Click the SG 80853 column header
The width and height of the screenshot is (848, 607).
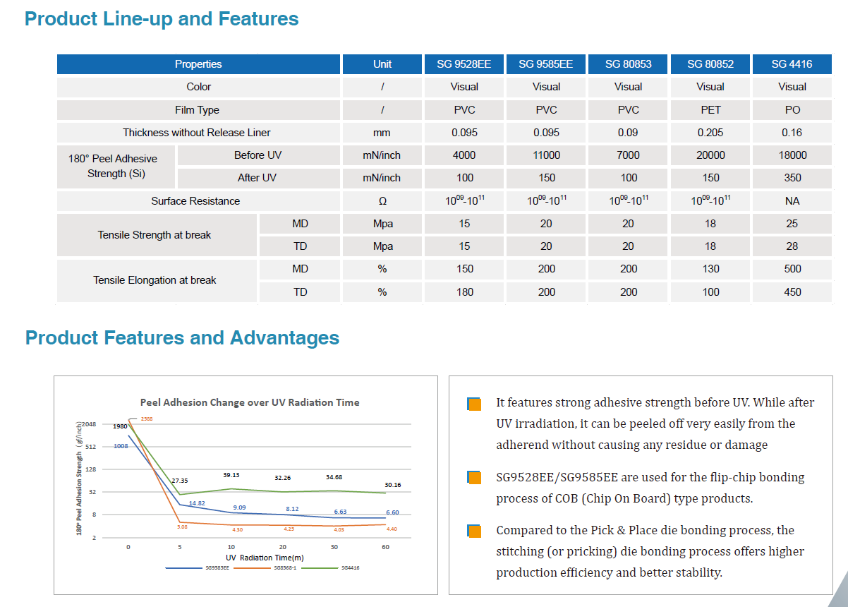click(628, 64)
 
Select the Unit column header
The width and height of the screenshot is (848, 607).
click(382, 64)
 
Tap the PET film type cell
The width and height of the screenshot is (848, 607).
click(710, 110)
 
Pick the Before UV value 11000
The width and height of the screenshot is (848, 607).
click(546, 155)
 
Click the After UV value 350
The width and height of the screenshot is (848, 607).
click(792, 178)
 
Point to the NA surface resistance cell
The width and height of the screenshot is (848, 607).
click(792, 200)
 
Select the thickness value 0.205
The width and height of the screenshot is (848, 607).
click(710, 133)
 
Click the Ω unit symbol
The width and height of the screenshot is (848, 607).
click(382, 201)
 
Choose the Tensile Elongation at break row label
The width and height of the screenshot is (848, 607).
click(155, 280)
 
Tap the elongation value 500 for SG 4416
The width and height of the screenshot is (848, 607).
click(792, 269)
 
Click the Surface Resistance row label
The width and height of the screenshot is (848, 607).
click(195, 201)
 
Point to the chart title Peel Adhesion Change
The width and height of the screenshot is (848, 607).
click(250, 402)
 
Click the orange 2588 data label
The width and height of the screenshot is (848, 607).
click(147, 419)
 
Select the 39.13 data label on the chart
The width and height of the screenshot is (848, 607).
click(231, 475)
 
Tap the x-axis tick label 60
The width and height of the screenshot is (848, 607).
click(385, 547)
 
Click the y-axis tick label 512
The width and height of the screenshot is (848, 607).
click(90, 447)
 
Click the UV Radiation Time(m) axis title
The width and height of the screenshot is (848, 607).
click(265, 558)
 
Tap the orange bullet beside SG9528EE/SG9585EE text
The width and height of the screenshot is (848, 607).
click(474, 478)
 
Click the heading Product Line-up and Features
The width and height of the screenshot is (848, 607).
click(162, 18)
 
